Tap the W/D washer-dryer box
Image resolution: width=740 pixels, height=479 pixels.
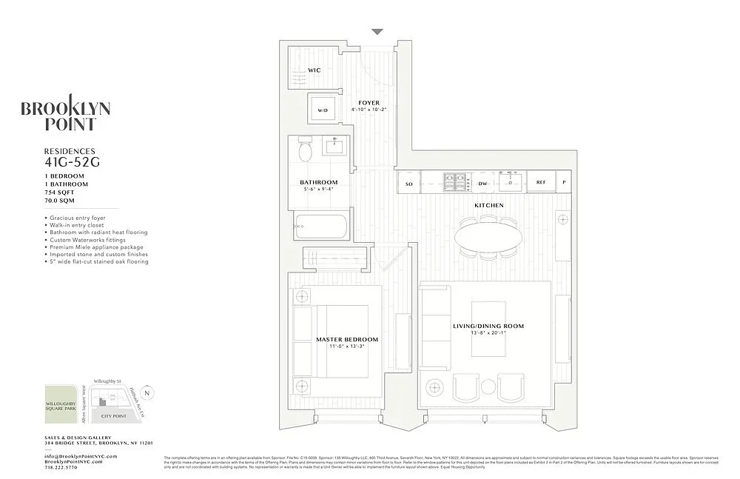[x=322, y=110]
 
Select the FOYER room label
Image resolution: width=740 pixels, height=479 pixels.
[x=369, y=103]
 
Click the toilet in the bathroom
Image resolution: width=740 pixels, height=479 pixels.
[x=308, y=152]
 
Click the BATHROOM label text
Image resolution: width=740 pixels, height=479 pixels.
[x=318, y=183]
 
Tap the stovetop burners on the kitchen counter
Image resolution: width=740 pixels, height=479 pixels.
[x=454, y=182]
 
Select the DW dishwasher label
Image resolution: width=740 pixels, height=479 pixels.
[x=482, y=183]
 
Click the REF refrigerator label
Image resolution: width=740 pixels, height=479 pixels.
[x=541, y=183]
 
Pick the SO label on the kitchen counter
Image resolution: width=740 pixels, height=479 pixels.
[x=408, y=183]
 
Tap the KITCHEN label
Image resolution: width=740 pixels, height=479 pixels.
[x=488, y=205]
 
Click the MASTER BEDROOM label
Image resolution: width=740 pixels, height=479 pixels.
[x=346, y=339]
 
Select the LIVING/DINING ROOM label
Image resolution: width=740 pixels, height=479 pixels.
[x=488, y=326]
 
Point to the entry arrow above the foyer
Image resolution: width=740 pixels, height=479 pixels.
[x=377, y=32]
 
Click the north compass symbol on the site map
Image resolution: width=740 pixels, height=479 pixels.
[x=147, y=394]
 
